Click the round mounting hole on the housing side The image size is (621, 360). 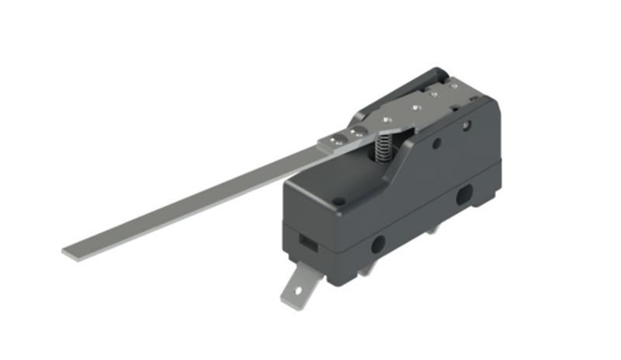(378, 244)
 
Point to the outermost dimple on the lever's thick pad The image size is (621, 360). (335, 139)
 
